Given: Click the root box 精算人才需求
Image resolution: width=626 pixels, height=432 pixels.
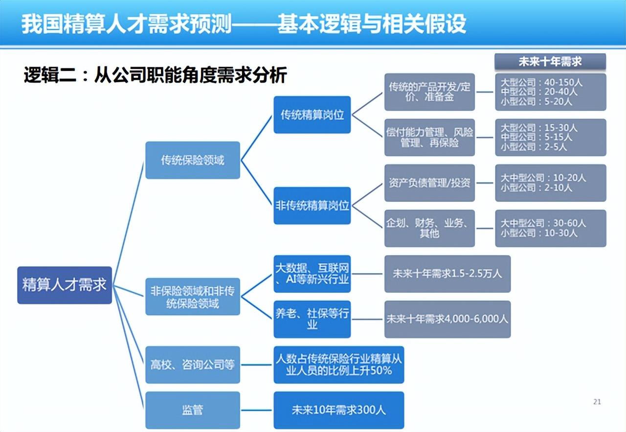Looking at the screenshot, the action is click(x=65, y=285).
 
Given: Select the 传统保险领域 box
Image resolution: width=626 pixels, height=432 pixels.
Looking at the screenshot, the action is click(x=193, y=160).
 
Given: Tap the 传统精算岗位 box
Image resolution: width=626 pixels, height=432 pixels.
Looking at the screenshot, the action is click(x=312, y=115).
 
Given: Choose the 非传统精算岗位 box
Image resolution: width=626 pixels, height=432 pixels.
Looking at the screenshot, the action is click(x=312, y=206).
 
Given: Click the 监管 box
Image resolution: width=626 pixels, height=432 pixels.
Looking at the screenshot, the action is click(x=193, y=410).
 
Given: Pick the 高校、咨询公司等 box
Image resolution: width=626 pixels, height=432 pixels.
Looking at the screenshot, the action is click(x=193, y=365).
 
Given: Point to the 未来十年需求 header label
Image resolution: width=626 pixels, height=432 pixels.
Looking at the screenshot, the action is click(x=550, y=62).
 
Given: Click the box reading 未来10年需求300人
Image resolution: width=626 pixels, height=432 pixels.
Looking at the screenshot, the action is click(x=339, y=410).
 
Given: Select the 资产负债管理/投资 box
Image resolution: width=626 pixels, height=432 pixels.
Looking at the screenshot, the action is click(x=429, y=183).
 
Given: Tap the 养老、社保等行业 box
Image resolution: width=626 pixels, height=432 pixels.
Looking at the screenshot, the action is click(x=312, y=319).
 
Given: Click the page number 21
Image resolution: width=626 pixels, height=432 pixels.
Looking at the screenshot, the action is click(x=597, y=402).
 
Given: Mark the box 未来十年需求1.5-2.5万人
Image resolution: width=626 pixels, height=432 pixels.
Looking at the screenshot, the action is click(x=447, y=274).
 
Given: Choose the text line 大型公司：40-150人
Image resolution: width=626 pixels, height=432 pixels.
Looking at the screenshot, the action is click(x=541, y=83).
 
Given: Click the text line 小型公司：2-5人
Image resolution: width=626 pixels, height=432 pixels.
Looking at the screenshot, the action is click(x=534, y=147).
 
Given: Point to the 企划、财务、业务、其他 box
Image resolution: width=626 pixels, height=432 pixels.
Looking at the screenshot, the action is click(x=429, y=228).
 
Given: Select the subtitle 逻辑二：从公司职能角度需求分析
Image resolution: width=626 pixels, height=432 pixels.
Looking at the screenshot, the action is click(x=156, y=75).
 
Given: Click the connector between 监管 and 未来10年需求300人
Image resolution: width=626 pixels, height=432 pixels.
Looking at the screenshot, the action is click(x=257, y=410).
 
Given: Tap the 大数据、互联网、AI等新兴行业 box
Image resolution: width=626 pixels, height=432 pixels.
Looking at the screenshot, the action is click(x=312, y=274).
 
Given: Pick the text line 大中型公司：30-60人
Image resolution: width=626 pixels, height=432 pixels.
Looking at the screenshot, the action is click(x=543, y=223).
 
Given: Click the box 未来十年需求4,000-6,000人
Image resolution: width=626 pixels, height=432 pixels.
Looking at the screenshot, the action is click(x=447, y=319).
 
